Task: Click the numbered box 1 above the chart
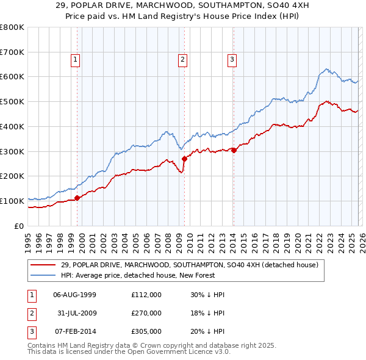(75, 59)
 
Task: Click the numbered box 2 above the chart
(182, 59)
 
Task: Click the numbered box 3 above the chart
(232, 59)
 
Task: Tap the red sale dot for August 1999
(77, 197)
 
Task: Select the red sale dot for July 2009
(184, 159)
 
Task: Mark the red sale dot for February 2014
(234, 150)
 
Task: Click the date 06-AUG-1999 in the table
(74, 295)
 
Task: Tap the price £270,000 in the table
(146, 313)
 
